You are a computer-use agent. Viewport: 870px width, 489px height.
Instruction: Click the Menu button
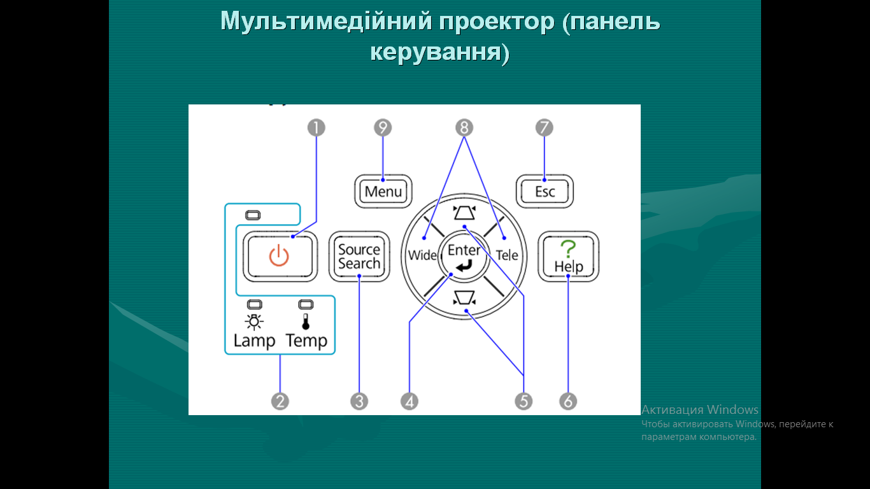pos(383,192)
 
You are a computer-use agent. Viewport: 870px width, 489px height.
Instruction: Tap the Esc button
pos(545,192)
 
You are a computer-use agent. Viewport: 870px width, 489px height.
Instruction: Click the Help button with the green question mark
pos(568,257)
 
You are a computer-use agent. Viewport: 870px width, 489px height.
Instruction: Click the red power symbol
pos(279,257)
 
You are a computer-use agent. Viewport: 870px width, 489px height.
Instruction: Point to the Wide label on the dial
pos(422,256)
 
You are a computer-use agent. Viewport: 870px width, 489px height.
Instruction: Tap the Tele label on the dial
pos(508,256)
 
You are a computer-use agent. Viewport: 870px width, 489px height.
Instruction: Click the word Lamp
pos(254,341)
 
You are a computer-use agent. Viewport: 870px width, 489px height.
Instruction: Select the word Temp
pos(306,341)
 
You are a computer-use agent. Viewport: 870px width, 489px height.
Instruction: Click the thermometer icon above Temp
pos(306,322)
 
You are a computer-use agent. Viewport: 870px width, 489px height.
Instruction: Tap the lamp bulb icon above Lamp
pos(254,322)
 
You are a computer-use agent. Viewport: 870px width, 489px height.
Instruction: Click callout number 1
pos(316,128)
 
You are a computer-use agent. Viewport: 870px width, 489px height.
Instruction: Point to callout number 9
pos(383,128)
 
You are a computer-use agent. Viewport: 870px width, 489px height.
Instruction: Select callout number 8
pos(464,128)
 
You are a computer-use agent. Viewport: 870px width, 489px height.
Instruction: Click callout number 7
pos(544,128)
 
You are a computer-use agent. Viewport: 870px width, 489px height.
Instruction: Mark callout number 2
pos(280,401)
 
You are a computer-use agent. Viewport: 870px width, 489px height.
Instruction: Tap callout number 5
pos(524,401)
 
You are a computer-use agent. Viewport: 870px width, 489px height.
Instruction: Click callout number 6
pos(568,401)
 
